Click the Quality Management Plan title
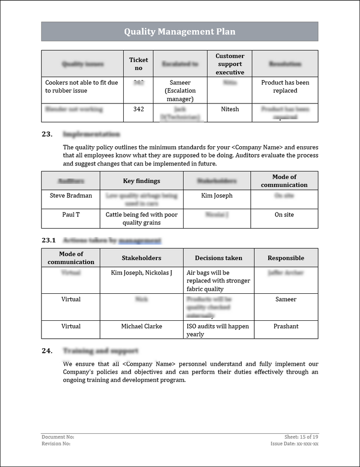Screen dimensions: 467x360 pos(180,31)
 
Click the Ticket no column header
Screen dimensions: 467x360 pos(138,64)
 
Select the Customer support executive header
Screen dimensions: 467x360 pos(229,64)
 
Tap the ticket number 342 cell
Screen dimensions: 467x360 pos(138,109)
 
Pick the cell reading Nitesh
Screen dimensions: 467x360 pos(230,109)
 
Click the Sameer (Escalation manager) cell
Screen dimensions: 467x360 pos(180,91)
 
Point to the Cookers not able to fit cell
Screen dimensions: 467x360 pos(81,86)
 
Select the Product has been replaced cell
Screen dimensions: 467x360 pos(285,86)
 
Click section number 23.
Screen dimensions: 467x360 pos(47,134)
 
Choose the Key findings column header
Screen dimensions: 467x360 pos(141,181)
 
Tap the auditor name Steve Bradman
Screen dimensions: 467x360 pos(71,196)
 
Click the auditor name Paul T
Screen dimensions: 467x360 pos(71,215)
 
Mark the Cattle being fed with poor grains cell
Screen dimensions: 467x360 pos(141,219)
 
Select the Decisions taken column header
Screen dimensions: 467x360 pos(218,258)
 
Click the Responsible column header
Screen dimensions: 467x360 pos(286,258)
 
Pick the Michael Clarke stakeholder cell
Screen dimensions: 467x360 pos(141,326)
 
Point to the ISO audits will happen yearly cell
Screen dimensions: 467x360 pos(218,330)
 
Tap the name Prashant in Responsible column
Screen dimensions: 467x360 pos(286,326)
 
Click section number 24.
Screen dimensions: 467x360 pos(47,351)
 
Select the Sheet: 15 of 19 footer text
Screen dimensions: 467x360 pos(301,437)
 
